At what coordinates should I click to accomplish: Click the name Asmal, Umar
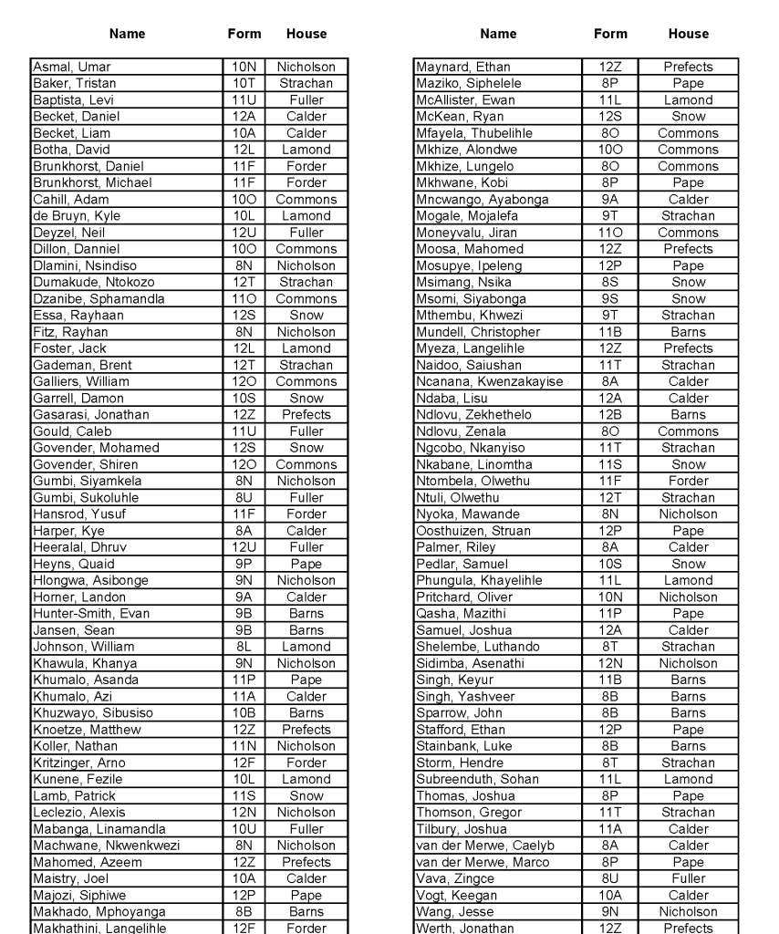tap(72, 67)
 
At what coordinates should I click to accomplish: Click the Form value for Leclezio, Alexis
tap(244, 813)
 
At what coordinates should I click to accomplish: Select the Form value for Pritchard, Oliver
tap(610, 597)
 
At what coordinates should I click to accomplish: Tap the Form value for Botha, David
tap(244, 150)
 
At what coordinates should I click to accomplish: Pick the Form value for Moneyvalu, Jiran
tap(610, 233)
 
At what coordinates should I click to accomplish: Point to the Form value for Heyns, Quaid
tap(244, 565)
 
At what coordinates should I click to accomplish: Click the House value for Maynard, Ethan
tap(688, 67)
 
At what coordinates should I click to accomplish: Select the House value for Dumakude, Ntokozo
tap(306, 283)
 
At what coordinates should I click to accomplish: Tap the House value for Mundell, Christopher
tap(688, 332)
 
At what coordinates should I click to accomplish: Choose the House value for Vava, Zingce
tap(688, 879)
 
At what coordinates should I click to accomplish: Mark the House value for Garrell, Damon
tap(306, 399)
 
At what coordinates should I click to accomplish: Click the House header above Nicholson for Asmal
tap(306, 34)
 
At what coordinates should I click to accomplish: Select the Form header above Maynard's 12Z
tap(610, 34)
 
